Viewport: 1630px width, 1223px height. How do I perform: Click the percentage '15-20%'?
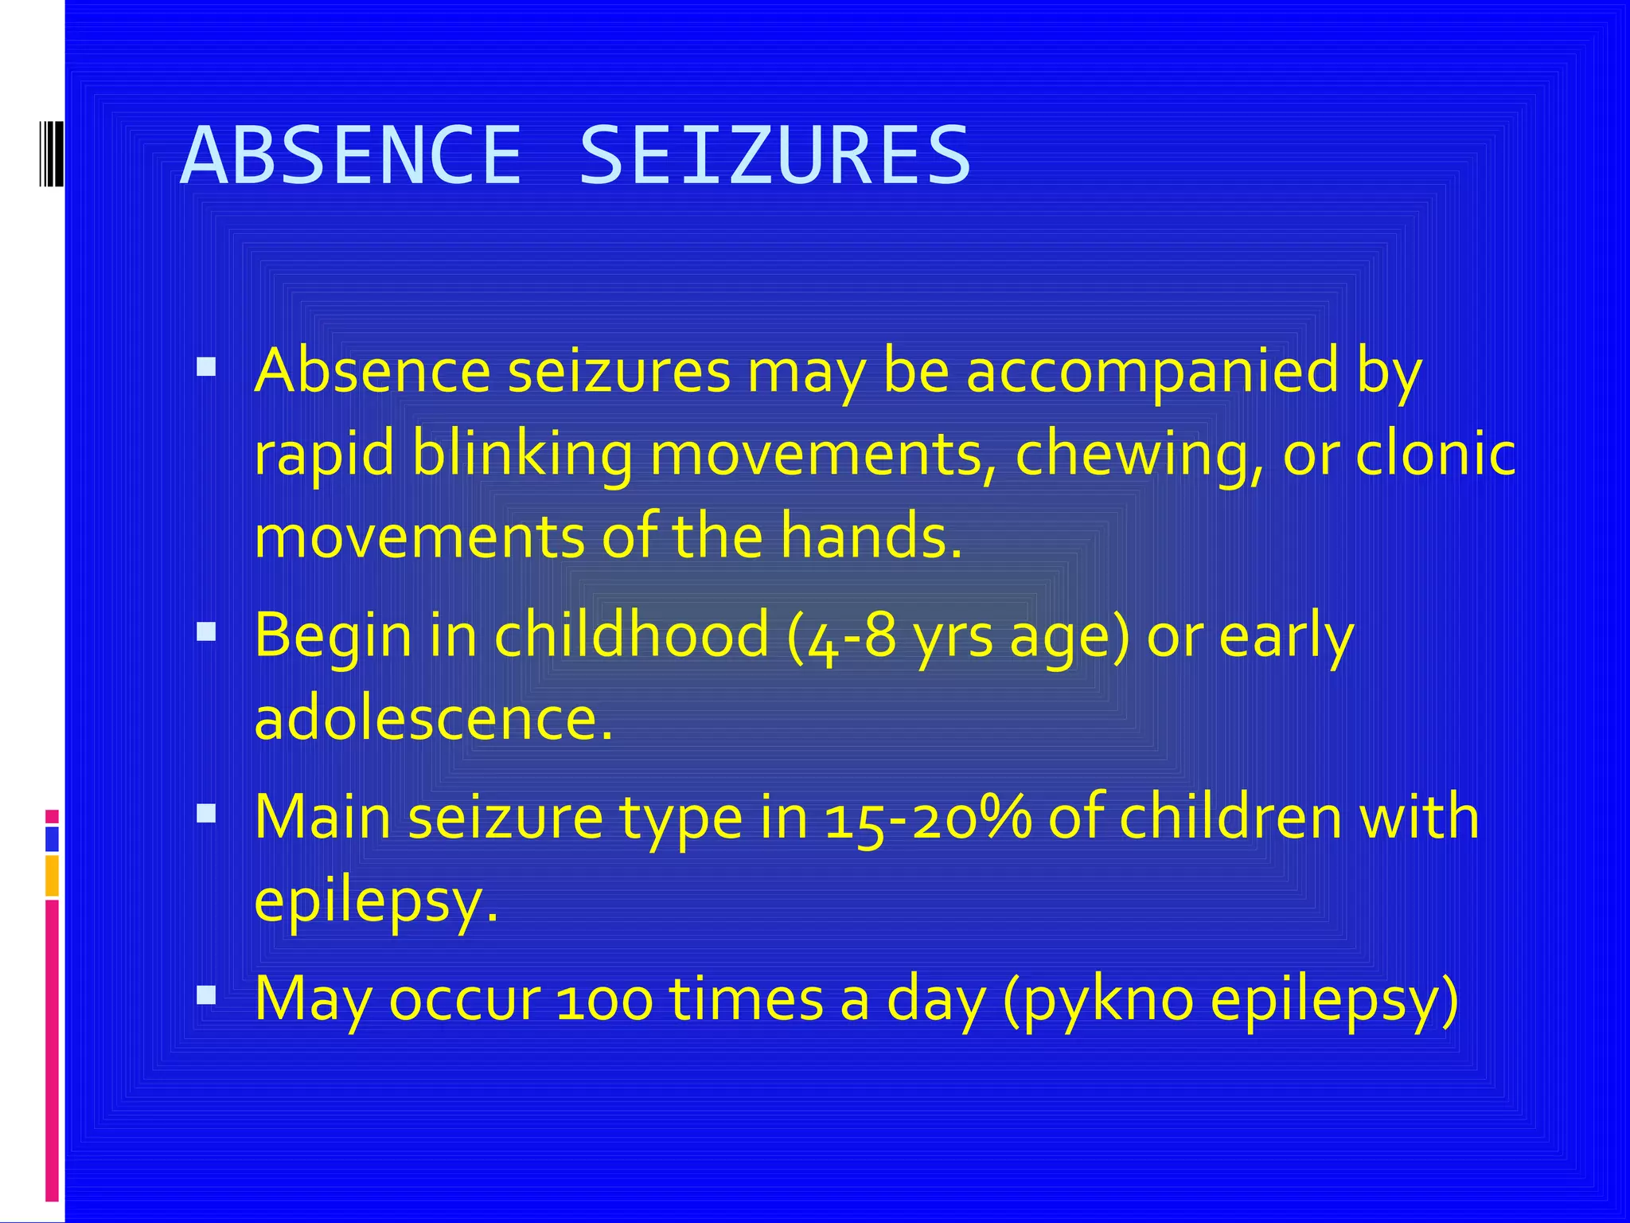click(928, 818)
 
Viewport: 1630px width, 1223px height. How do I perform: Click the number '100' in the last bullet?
click(605, 999)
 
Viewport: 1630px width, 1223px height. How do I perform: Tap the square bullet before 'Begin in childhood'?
click(206, 632)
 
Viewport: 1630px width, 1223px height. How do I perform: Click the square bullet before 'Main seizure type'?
click(206, 813)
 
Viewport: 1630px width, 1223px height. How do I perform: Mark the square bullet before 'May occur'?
click(206, 994)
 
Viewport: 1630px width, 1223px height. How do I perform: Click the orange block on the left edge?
click(52, 875)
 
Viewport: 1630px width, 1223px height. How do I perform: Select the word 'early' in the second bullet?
click(1286, 636)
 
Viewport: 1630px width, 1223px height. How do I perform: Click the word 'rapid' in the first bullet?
click(324, 455)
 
